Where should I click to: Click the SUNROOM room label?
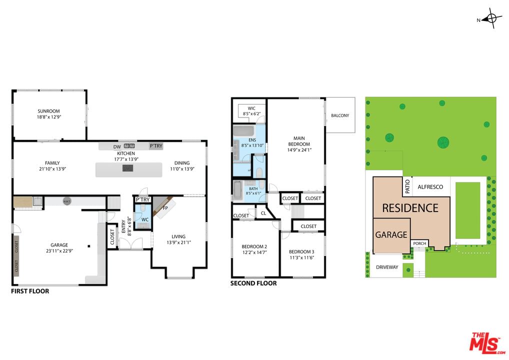pyautogui.click(x=48, y=111)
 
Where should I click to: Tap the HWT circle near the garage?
pyautogui.click(x=66, y=201)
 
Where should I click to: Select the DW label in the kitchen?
pyautogui.click(x=117, y=146)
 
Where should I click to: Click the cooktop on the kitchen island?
pyautogui.click(x=128, y=168)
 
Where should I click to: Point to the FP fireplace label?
pyautogui.click(x=165, y=208)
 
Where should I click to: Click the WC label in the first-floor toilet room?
pyautogui.click(x=145, y=220)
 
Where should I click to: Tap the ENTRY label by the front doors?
pyautogui.click(x=123, y=226)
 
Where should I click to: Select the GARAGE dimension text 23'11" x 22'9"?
pyautogui.click(x=59, y=251)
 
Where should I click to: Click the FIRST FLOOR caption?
pyautogui.click(x=30, y=291)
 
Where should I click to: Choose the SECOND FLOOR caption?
pyautogui.click(x=253, y=283)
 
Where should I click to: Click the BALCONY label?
pyautogui.click(x=340, y=115)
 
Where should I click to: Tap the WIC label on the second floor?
pyautogui.click(x=251, y=108)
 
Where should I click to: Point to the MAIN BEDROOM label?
pyautogui.click(x=299, y=141)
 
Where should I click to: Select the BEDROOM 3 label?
pyautogui.click(x=301, y=252)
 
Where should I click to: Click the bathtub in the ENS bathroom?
pyautogui.click(x=244, y=131)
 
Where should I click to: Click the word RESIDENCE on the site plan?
pyautogui.click(x=410, y=208)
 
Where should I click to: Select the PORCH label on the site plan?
pyautogui.click(x=419, y=243)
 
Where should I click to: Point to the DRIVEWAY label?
pyautogui.click(x=387, y=267)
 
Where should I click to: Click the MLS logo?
pyautogui.click(x=487, y=343)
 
